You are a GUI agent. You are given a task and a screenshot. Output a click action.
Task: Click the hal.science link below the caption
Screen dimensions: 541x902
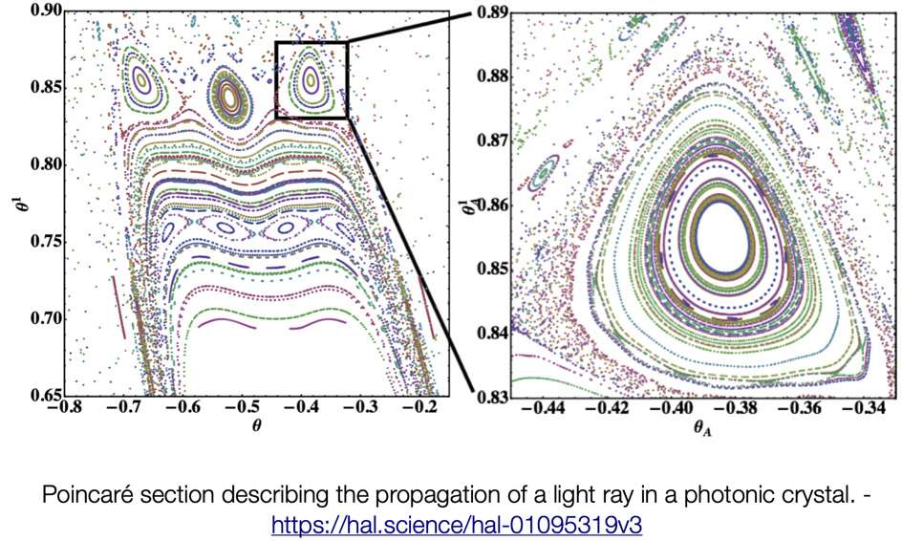(x=451, y=525)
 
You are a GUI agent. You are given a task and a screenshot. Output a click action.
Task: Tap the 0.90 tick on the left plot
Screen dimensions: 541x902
(x=43, y=10)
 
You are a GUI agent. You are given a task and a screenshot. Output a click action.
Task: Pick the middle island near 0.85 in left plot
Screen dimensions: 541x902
(x=230, y=95)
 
